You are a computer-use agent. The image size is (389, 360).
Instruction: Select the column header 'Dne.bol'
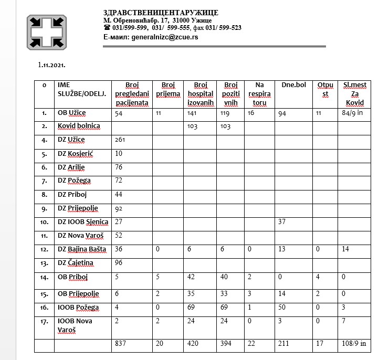293,84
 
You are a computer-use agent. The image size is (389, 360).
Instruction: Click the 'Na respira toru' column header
259,93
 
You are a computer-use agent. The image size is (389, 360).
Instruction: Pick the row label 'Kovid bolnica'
79,126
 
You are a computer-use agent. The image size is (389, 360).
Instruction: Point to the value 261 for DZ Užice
121,140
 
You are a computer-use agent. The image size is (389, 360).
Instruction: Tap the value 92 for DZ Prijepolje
119,208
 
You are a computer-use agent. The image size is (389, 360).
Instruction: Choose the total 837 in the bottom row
121,344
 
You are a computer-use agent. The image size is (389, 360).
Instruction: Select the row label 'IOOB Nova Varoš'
76,325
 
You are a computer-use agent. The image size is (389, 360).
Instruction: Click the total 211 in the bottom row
282,344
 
